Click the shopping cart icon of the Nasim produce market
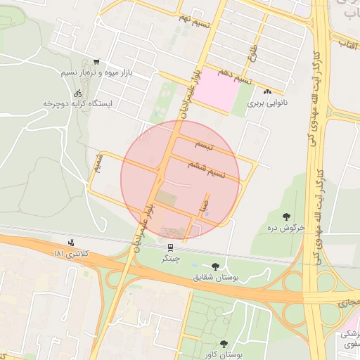pos(96,62)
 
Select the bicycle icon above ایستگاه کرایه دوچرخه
pos(77,93)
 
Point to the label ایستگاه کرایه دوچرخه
pos(78,103)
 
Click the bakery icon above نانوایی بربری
pos(266,92)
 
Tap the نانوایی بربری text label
pos(262,103)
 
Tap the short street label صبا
pos(202,208)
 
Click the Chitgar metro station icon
pos(169,247)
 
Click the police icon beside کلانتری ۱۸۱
pos(71,243)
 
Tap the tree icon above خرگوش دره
pos(285,216)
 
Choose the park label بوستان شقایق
pos(215,277)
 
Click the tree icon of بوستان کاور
pos(224,344)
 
